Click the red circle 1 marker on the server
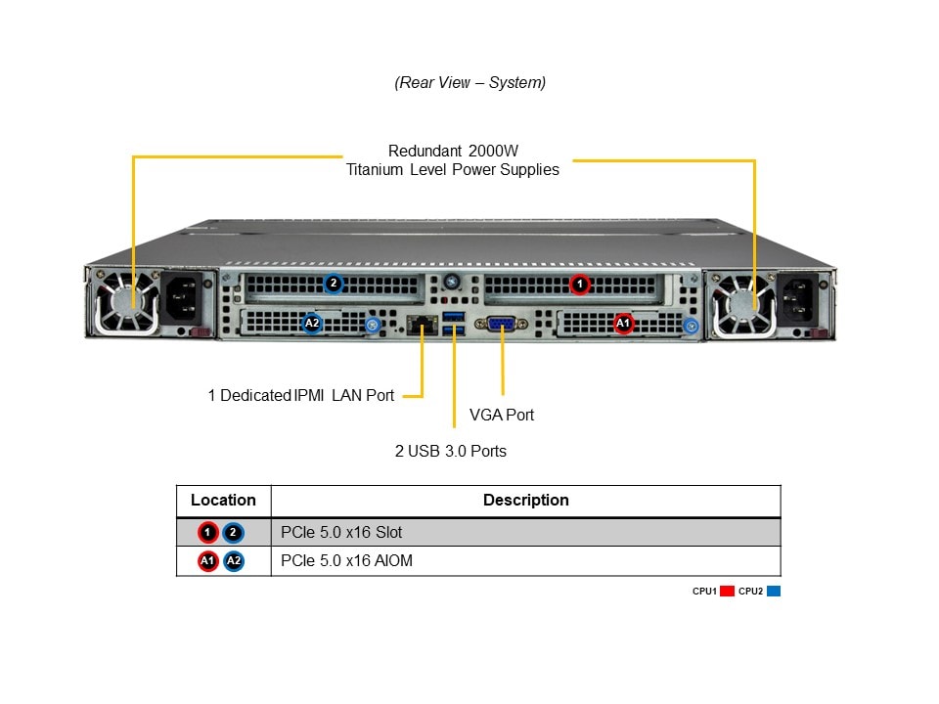click(x=580, y=285)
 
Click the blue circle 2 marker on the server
click(x=334, y=284)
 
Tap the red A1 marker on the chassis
click(x=623, y=323)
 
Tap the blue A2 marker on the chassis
click(x=312, y=323)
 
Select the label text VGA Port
click(x=502, y=415)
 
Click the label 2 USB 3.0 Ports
click(x=450, y=451)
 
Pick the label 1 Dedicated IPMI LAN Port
click(x=301, y=395)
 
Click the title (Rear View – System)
click(x=469, y=82)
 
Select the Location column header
click(x=223, y=500)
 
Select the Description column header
click(x=525, y=500)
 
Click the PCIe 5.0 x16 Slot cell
click(x=341, y=533)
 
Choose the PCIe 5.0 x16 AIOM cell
click(x=346, y=561)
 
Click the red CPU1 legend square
click(x=727, y=591)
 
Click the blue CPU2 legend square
click(x=774, y=591)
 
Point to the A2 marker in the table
click(x=233, y=561)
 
